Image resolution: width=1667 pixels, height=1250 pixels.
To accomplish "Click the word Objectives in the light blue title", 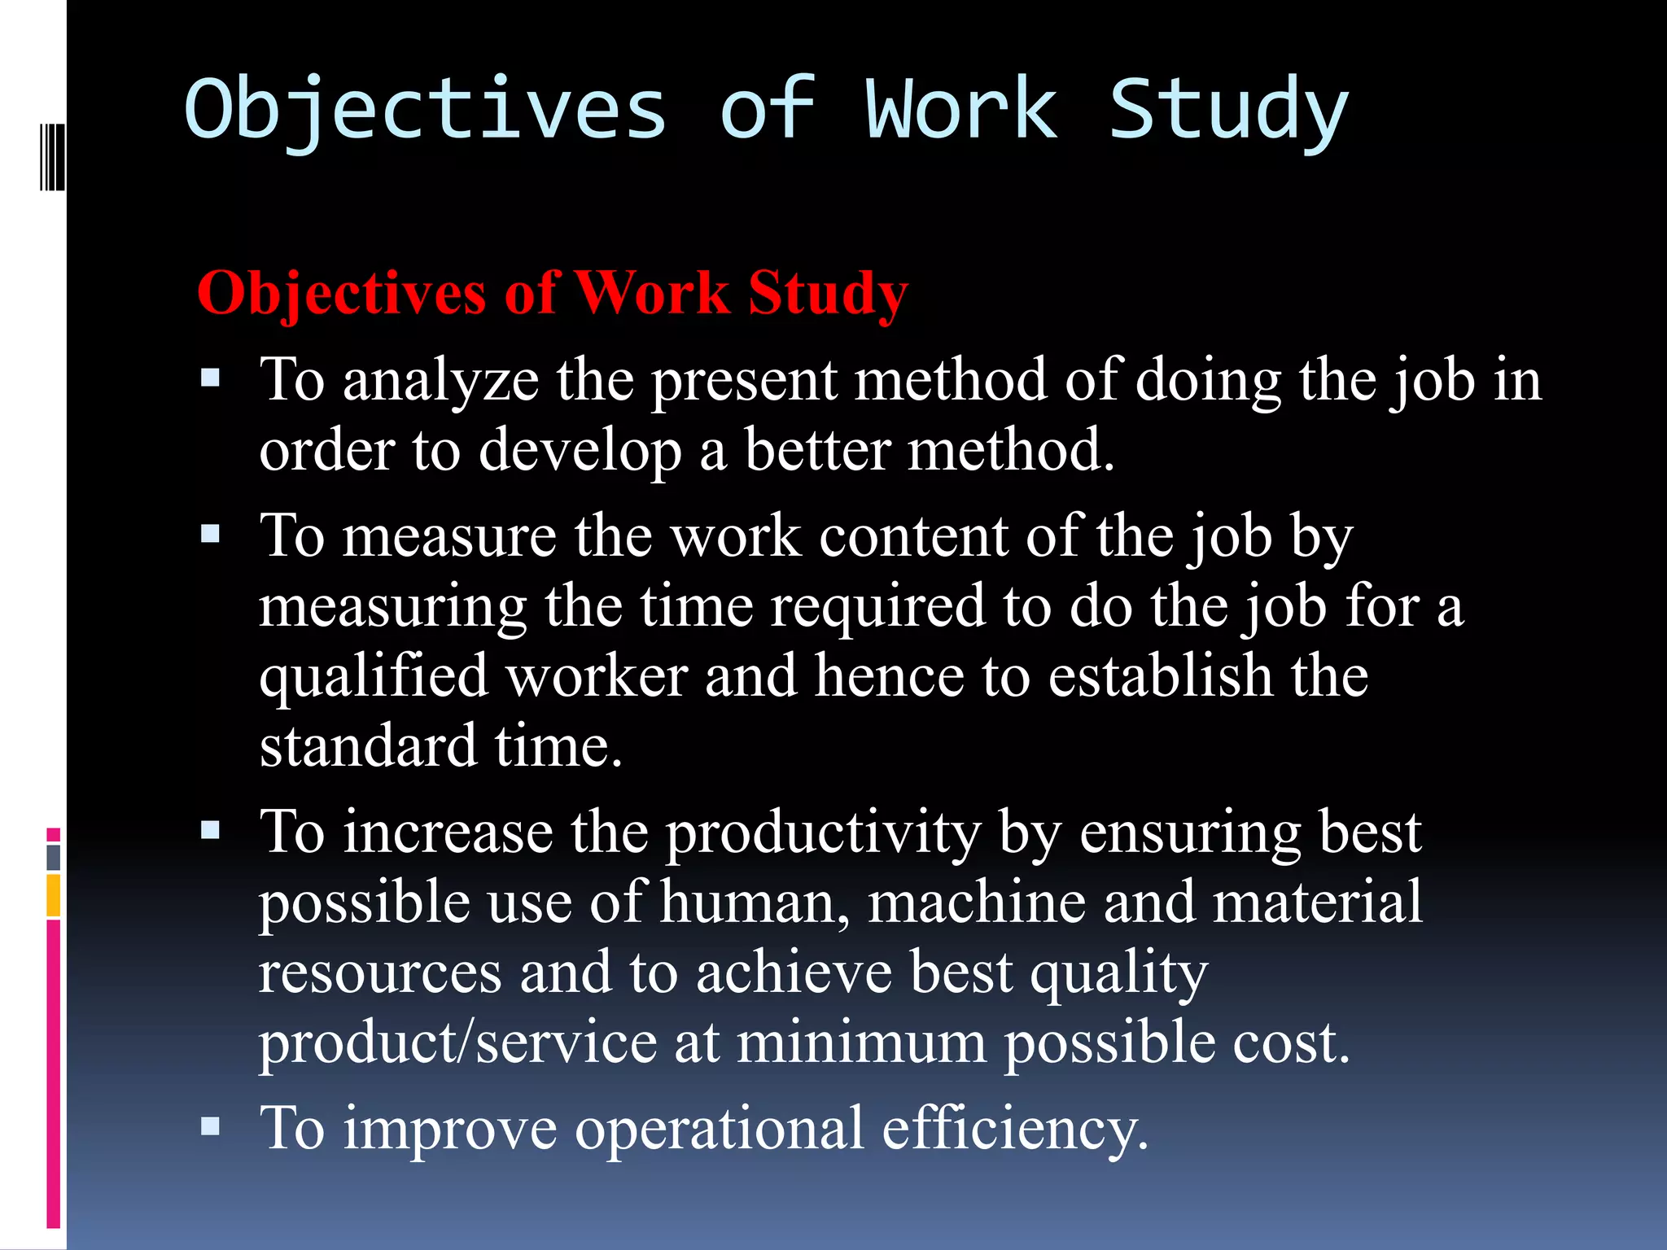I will point(425,110).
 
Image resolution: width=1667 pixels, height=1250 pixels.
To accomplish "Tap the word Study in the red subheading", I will point(828,293).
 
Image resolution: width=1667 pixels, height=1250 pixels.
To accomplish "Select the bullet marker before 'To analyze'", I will point(211,378).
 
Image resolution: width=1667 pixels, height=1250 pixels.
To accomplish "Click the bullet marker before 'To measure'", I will point(211,534).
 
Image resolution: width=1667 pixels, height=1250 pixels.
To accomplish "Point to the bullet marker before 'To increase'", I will point(211,830).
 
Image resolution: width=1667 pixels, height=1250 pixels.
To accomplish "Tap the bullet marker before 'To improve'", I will point(211,1125).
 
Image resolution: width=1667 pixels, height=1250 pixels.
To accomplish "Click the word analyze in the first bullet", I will point(440,381).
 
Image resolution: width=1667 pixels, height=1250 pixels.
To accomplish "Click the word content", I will point(913,537).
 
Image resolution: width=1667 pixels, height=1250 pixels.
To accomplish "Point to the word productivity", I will point(824,835).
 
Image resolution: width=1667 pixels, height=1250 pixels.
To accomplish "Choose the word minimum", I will point(861,1043).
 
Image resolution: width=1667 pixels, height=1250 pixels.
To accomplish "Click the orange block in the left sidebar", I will point(54,895).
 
